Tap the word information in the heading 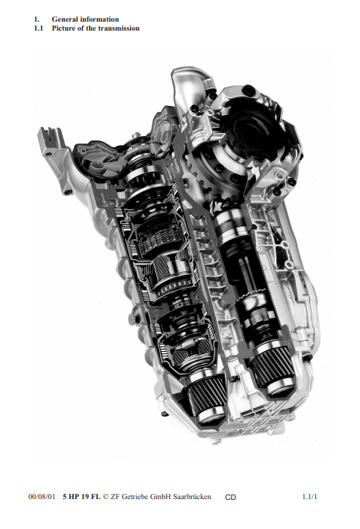pyautogui.click(x=99, y=19)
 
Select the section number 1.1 pyautogui.click(x=38, y=28)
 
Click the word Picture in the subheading pyautogui.click(x=63, y=28)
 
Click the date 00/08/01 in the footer pyautogui.click(x=42, y=497)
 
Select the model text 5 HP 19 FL pyautogui.click(x=81, y=497)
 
